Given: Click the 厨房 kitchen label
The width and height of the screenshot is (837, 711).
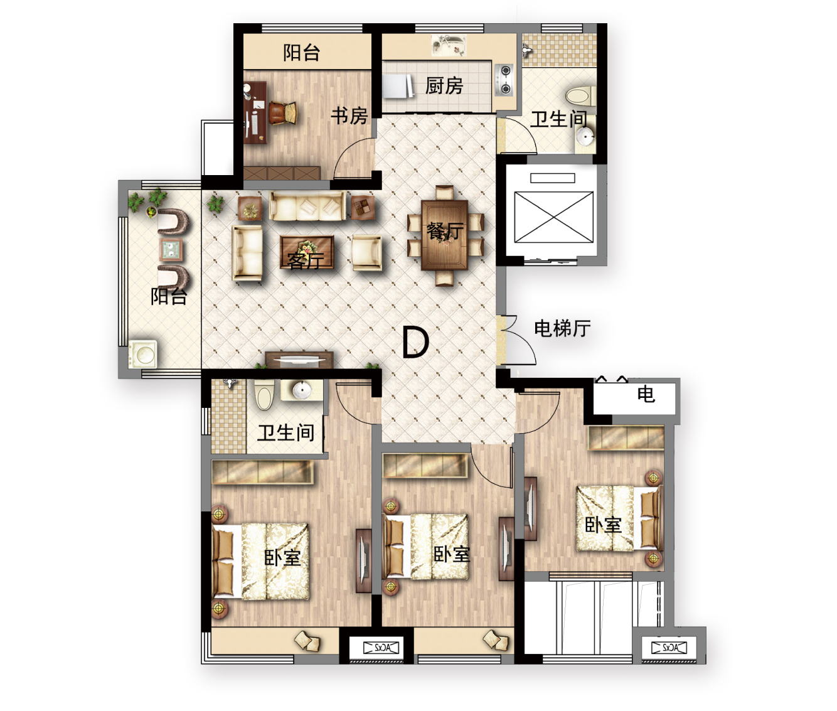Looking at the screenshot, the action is [x=444, y=86].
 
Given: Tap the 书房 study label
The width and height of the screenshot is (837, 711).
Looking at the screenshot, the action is [x=349, y=116].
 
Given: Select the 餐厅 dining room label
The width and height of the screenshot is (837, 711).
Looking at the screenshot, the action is [x=445, y=231].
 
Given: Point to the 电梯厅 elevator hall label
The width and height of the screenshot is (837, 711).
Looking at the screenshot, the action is [x=562, y=328].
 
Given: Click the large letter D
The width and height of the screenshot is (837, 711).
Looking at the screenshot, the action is [x=416, y=343].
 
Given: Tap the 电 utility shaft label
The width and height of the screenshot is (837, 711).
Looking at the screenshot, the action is [x=646, y=393].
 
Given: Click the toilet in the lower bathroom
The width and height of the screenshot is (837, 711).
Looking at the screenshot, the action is [x=265, y=395].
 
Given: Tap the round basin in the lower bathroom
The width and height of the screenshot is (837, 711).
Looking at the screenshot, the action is [x=302, y=390].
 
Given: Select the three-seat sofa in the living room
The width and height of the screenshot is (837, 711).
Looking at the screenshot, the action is [x=307, y=206].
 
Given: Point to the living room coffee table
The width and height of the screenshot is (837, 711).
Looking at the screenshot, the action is [x=307, y=253].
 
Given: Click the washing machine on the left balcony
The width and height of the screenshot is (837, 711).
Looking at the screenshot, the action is [x=142, y=354].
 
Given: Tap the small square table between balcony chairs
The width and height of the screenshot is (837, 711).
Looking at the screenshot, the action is [x=171, y=249].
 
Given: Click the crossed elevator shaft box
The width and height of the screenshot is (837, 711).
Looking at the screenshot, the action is [x=553, y=217].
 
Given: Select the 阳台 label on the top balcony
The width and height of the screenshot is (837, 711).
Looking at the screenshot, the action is [x=302, y=53].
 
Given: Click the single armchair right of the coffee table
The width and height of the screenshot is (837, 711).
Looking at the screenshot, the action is [x=367, y=252].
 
